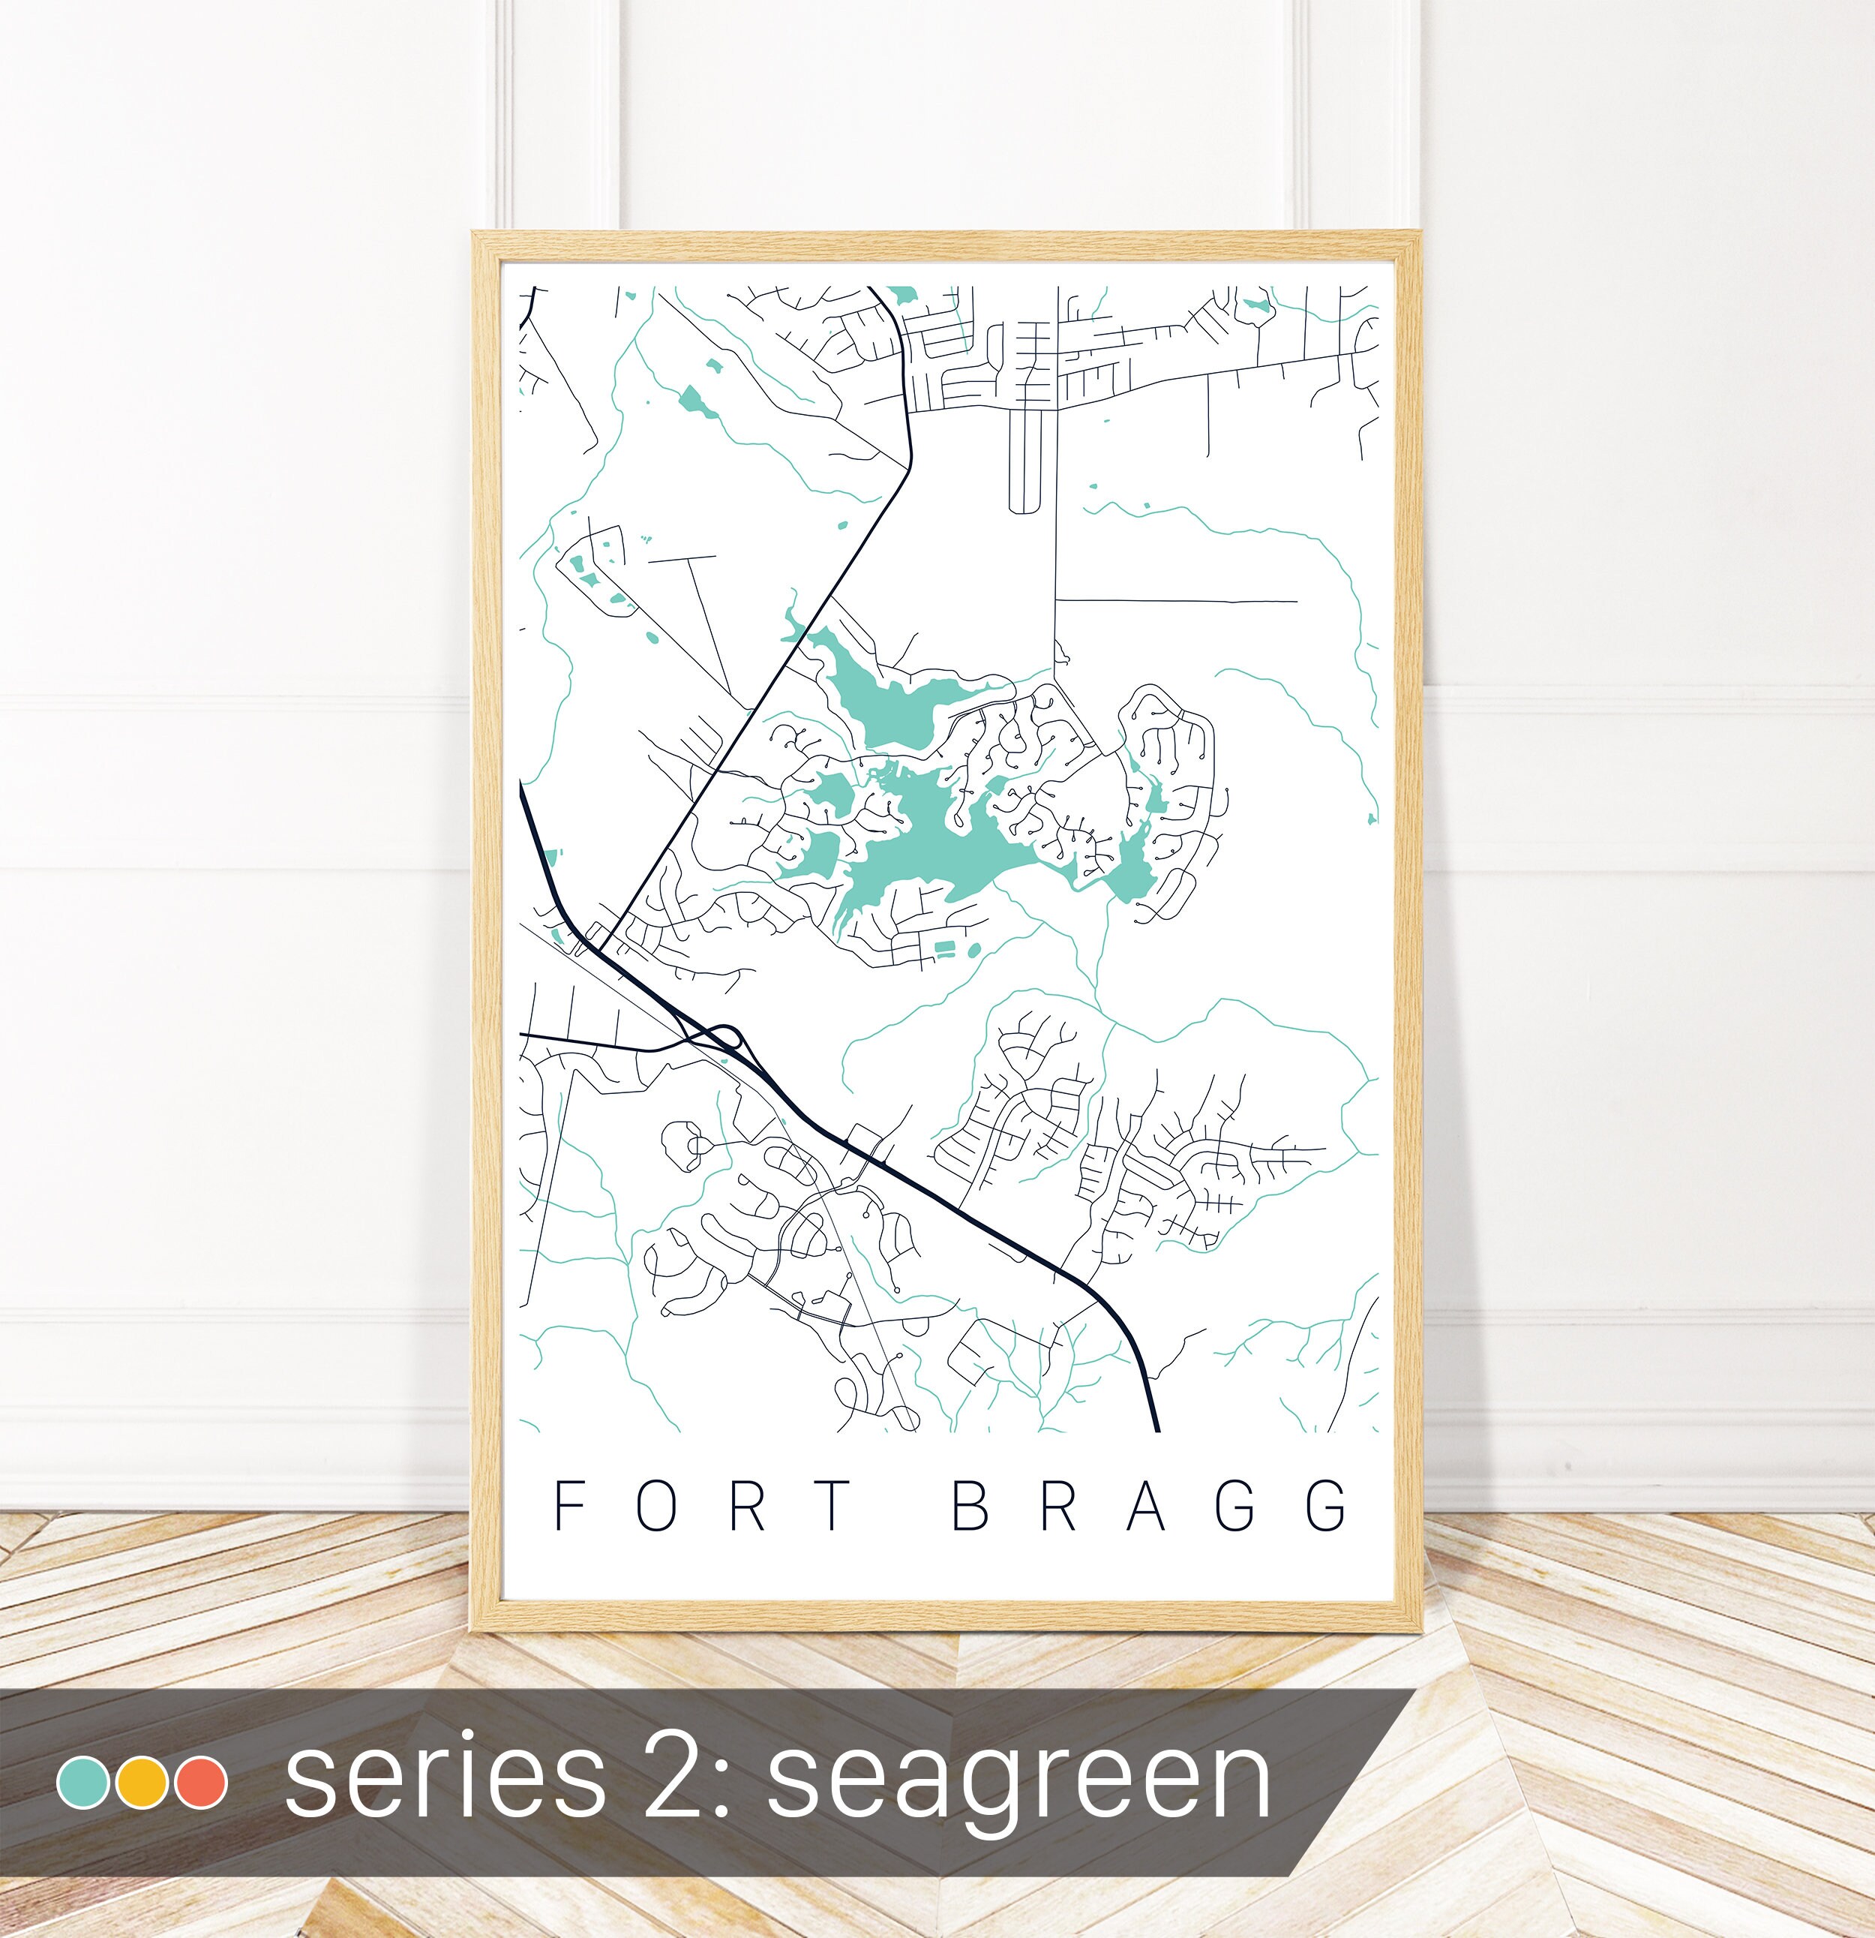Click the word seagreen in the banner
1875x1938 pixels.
coord(1018,1780)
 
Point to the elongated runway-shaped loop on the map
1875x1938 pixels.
coord(1027,461)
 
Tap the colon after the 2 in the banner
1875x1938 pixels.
coord(733,1785)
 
